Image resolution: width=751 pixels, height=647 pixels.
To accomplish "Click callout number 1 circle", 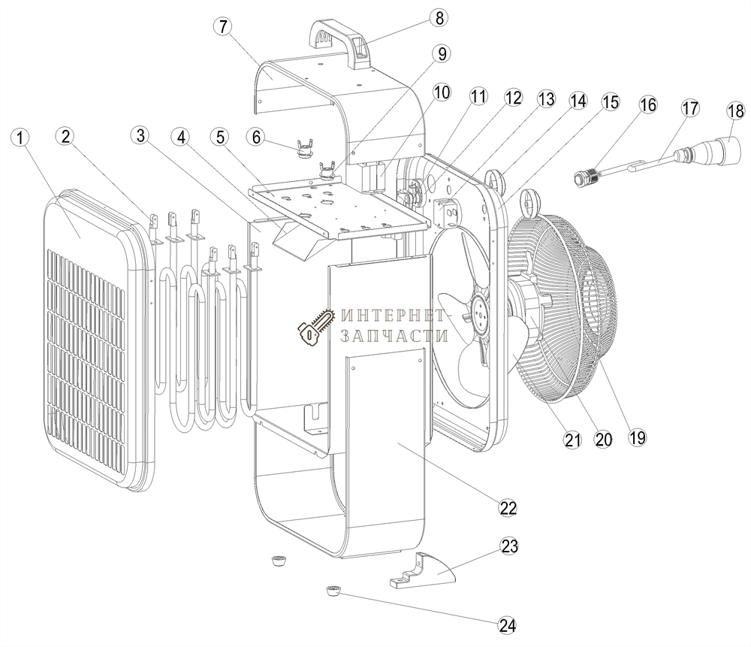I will [21, 138].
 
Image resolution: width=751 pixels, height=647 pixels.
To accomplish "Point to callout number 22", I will [508, 507].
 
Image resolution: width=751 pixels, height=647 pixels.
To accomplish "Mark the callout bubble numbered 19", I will [637, 437].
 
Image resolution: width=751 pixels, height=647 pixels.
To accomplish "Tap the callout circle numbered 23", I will [509, 546].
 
